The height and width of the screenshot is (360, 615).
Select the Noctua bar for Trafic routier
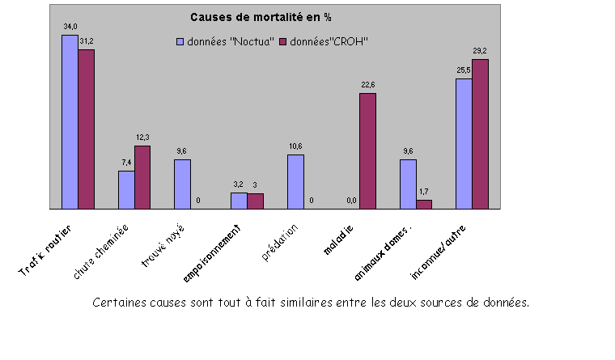tap(70, 121)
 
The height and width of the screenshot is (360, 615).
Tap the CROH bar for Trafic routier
tap(86, 129)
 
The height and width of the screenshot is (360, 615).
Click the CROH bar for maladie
tap(367, 150)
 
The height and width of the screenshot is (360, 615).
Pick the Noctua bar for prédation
tap(295, 181)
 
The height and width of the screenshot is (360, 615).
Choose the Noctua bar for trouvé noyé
tap(182, 184)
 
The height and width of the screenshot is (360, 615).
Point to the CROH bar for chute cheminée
tap(142, 176)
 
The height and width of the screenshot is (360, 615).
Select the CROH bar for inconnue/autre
tap(480, 133)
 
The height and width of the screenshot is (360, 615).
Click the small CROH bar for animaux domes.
tap(424, 204)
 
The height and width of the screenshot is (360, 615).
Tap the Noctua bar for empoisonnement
tap(239, 201)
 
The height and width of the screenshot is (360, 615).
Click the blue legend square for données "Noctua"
tap(180, 40)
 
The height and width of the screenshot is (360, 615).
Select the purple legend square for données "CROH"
tap(283, 40)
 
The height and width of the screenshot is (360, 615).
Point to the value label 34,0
tap(70, 27)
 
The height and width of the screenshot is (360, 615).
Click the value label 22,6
tap(368, 85)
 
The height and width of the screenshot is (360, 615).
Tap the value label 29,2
tap(481, 51)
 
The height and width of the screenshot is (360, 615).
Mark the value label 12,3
tap(142, 138)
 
